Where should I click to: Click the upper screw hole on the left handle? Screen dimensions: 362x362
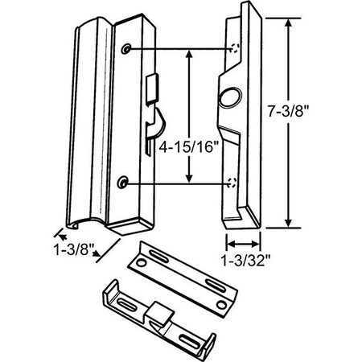click(x=126, y=51)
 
